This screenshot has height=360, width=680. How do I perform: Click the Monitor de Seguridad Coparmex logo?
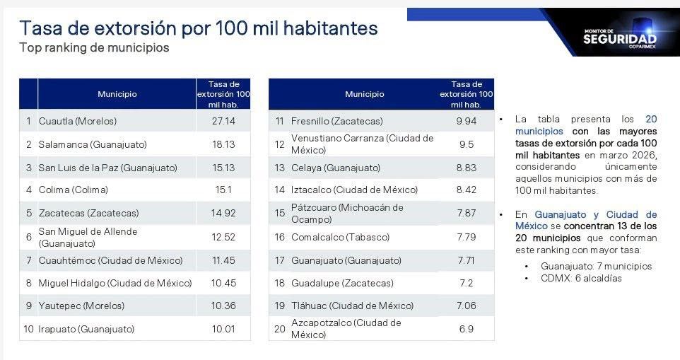(620, 38)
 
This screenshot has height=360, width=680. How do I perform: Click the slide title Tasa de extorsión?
(199, 28)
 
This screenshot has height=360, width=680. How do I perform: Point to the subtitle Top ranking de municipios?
(94, 47)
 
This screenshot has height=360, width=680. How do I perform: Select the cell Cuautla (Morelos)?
(78, 121)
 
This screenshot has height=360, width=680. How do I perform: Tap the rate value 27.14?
(223, 121)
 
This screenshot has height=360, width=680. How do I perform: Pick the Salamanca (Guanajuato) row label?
(93, 144)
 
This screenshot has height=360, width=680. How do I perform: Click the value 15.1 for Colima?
(223, 190)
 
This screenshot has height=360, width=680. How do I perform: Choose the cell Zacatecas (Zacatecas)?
(89, 213)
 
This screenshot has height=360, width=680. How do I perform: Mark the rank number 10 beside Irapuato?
(28, 329)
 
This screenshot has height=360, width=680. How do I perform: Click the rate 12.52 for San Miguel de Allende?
(223, 237)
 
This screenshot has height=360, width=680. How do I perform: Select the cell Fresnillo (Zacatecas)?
(337, 121)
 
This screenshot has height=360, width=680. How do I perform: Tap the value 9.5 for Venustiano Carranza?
(467, 144)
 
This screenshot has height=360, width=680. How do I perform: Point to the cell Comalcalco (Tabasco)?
(341, 237)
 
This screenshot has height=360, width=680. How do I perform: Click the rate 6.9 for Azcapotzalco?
(467, 329)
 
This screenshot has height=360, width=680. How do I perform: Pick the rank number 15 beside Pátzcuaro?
(280, 213)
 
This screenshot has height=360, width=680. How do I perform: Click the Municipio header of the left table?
(117, 94)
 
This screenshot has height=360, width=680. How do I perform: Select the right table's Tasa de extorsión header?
(467, 94)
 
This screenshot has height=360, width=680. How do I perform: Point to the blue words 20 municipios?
(586, 125)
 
